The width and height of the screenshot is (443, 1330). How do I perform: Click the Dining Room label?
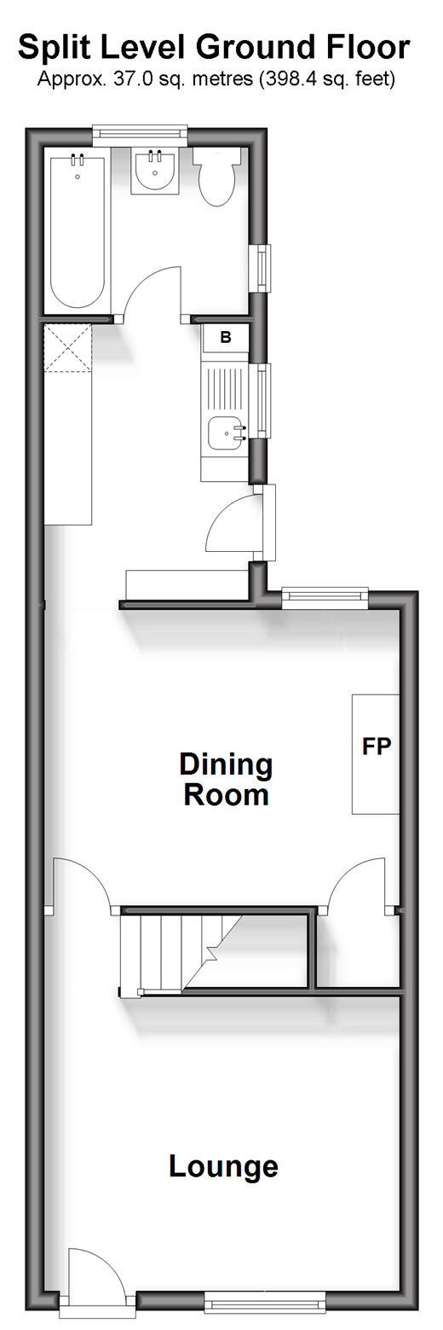pos(226,779)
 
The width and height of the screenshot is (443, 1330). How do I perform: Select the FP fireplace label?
pos(377,746)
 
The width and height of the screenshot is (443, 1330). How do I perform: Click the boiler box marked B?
pos(226,338)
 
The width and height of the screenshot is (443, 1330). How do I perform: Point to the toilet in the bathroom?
pos(216,176)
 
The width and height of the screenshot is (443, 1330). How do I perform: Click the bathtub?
pos(78,231)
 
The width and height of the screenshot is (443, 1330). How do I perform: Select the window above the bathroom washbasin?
pos(141,134)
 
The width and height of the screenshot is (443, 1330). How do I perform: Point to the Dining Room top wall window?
pos(325,598)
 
